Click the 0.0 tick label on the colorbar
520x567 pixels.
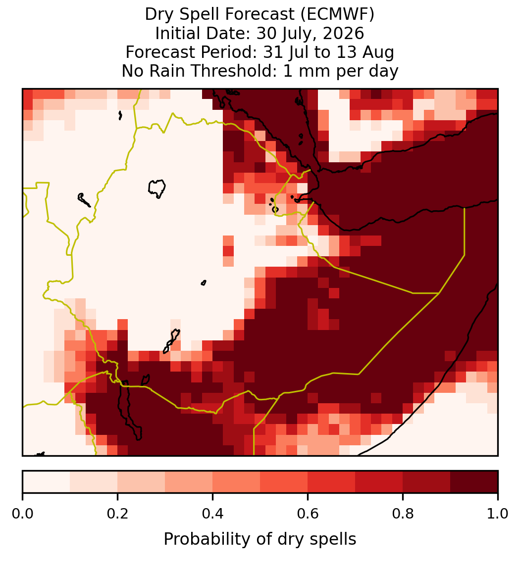(22, 514)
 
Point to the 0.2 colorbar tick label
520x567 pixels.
(117, 514)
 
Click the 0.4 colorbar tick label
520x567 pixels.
(212, 514)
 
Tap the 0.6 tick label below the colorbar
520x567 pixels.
(308, 514)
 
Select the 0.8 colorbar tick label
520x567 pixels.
(403, 514)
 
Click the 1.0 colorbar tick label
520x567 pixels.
(498, 514)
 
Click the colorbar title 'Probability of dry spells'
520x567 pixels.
(260, 539)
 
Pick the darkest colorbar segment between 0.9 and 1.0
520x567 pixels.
(474, 482)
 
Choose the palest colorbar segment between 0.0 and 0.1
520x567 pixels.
(47, 482)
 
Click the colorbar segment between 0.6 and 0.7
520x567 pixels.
(331, 482)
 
